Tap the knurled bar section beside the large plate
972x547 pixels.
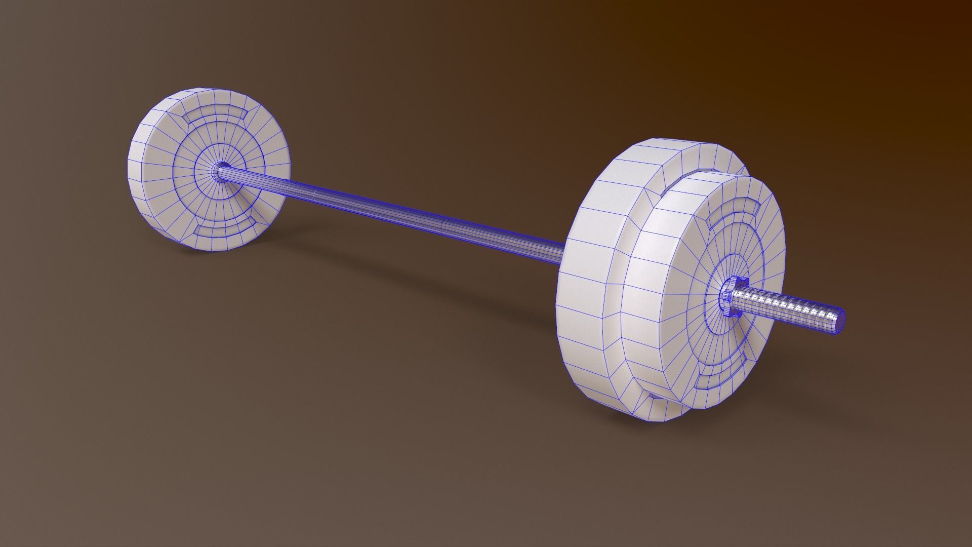pos(506,238)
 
